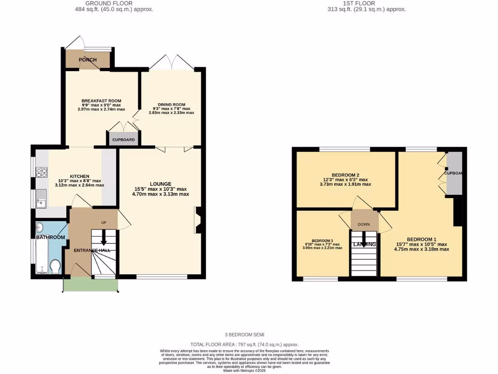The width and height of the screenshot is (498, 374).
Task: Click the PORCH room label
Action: (x=88, y=60)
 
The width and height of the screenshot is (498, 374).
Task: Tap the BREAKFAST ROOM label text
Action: (x=101, y=101)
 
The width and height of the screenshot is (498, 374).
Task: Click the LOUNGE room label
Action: (x=160, y=184)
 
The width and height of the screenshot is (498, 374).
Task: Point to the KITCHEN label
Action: (x=79, y=176)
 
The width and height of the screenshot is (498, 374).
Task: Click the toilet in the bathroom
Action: (x=55, y=266)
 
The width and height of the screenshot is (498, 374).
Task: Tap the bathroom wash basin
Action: (x=40, y=227)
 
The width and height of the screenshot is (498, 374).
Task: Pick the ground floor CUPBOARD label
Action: (x=124, y=139)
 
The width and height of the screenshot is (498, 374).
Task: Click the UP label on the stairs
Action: (x=104, y=223)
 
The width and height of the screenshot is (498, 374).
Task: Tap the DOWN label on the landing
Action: (x=364, y=224)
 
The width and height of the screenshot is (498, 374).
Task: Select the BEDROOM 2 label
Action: (x=345, y=175)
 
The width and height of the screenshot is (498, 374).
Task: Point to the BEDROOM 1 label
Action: (x=421, y=239)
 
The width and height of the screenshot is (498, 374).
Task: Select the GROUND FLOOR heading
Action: (x=105, y=3)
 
